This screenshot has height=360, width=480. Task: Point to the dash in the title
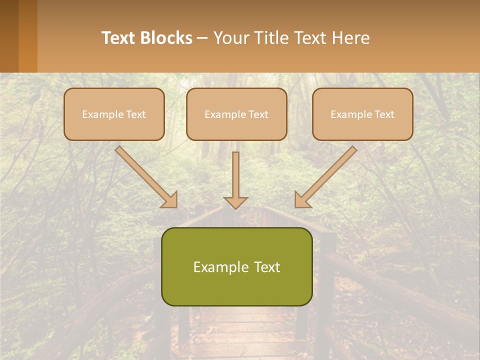[x=202, y=38]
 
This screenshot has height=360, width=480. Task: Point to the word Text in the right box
[x=384, y=114]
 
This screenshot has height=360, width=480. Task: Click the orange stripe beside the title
[x=28, y=36]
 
